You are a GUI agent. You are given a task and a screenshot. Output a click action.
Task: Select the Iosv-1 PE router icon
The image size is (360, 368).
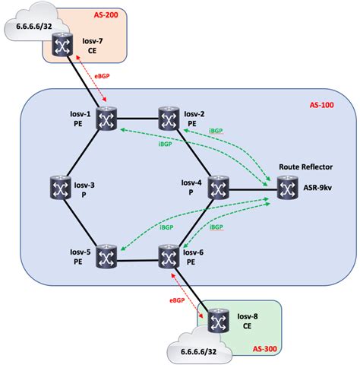106,119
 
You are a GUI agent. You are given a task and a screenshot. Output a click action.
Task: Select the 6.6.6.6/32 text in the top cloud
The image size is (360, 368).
26,25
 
